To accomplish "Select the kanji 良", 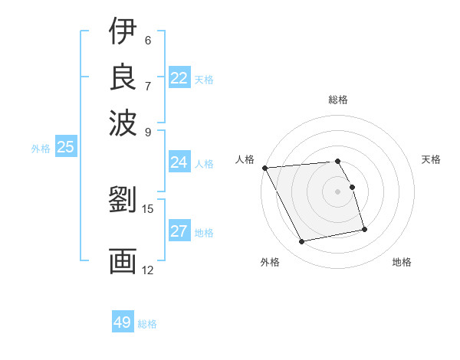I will [123, 76].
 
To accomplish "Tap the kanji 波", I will [123, 121].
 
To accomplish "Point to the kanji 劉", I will [123, 201].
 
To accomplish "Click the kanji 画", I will [123, 260].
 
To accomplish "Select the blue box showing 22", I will [179, 78].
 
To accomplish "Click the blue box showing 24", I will [179, 162].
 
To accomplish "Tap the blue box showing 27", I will [179, 231].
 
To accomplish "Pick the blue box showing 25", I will [65, 148].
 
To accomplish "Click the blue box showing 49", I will [123, 322].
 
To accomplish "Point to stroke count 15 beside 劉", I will [148, 208].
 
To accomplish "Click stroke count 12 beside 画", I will [148, 270].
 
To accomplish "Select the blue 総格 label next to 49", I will [148, 324].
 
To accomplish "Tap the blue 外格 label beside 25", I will [41, 149].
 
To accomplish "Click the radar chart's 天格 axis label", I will [432, 159].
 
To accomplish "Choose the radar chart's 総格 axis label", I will [338, 100].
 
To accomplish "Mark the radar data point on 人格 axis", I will [264, 168].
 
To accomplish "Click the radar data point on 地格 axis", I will [364, 229].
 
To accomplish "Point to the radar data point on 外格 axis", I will [302, 242].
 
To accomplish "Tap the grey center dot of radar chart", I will [338, 191].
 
